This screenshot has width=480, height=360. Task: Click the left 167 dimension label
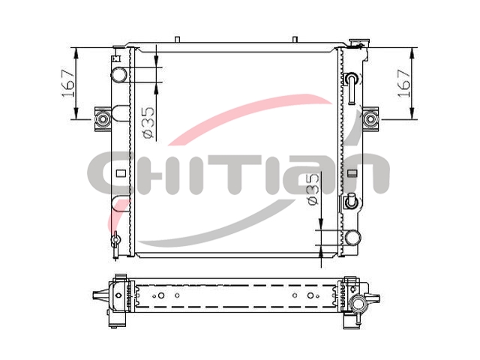(68, 83)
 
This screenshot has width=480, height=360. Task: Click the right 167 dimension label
(404, 83)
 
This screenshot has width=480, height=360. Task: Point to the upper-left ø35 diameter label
(148, 122)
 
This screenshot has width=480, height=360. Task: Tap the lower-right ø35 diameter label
(313, 189)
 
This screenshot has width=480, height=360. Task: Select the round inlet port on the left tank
(119, 74)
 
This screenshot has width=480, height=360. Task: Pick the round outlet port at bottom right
(353, 238)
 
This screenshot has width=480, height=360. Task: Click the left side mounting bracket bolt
(103, 118)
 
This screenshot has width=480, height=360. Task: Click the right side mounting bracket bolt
(370, 118)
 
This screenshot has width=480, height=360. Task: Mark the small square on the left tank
(121, 173)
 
